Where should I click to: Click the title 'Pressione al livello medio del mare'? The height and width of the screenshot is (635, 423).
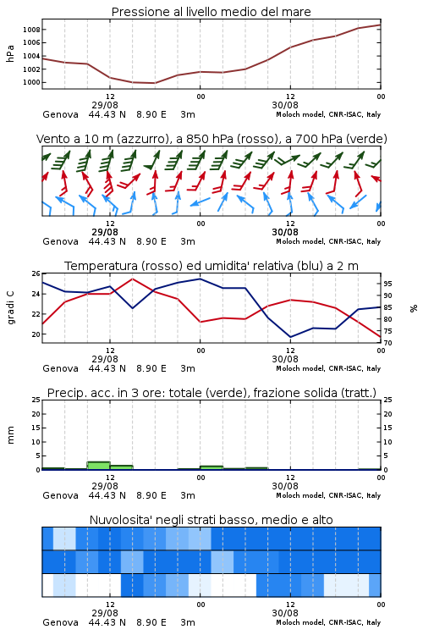[211, 12]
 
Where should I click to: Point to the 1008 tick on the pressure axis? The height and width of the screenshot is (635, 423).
[31, 30]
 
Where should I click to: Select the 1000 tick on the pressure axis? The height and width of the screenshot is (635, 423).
[31, 83]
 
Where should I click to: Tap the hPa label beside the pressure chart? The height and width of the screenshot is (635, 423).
[10, 53]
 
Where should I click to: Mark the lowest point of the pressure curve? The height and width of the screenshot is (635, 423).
[154, 83]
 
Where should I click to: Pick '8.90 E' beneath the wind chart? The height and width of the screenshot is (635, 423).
[151, 241]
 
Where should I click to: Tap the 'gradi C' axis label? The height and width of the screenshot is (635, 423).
[10, 308]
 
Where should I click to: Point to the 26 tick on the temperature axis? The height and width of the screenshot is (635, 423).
[36, 273]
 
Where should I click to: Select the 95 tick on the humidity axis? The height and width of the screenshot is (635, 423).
[387, 284]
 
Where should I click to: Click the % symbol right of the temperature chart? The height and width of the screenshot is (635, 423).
[414, 308]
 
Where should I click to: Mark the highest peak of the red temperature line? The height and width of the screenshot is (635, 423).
[132, 279]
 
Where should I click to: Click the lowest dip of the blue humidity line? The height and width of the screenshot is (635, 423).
[290, 337]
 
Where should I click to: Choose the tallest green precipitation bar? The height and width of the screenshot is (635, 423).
[99, 466]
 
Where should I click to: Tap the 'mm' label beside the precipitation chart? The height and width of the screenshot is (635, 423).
[10, 435]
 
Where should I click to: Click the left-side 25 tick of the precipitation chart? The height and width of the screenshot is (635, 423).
[36, 400]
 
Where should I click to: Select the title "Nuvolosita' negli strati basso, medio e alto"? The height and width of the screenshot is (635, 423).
[211, 520]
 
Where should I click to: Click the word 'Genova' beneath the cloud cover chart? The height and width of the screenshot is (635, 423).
[60, 622]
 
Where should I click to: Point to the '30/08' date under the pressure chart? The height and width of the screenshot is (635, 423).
[285, 105]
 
